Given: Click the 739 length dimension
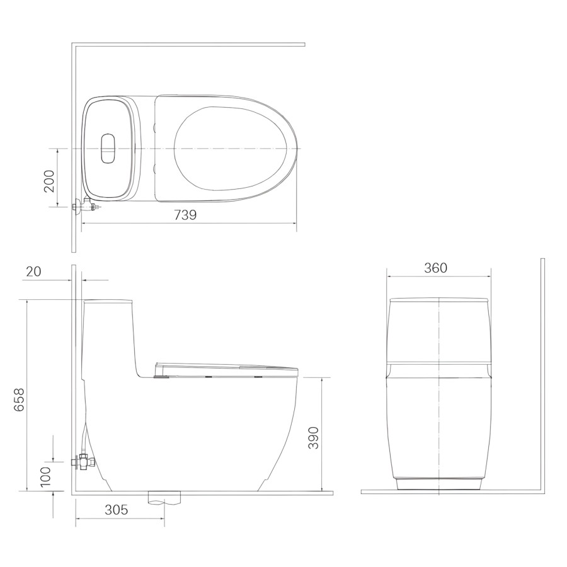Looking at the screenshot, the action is pyautogui.click(x=185, y=215).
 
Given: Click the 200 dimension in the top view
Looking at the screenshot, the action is pyautogui.click(x=49, y=181).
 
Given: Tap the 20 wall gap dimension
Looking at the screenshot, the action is pyautogui.click(x=33, y=271).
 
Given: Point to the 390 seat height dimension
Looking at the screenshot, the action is pyautogui.click(x=314, y=438).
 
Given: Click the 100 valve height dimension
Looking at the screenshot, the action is pyautogui.click(x=46, y=477).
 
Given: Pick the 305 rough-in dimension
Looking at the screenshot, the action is pyautogui.click(x=117, y=510).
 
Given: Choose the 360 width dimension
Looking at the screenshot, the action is pyautogui.click(x=436, y=268).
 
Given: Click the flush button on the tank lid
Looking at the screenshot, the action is pyautogui.click(x=108, y=148).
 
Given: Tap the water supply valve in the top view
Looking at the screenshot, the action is pyautogui.click(x=86, y=207).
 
